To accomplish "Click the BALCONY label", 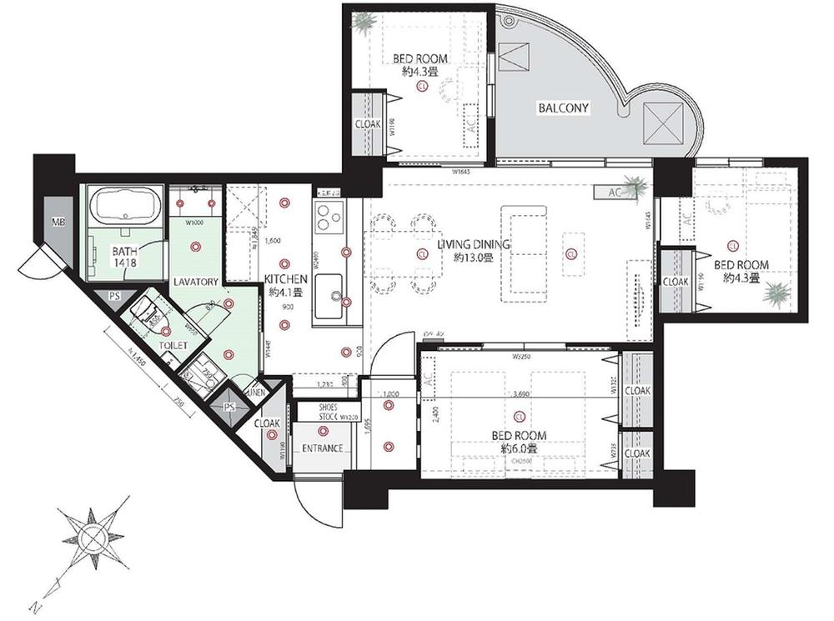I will pyautogui.click(x=563, y=108).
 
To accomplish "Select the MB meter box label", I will pyautogui.click(x=58, y=222).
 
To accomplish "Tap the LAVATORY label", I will pyautogui.click(x=196, y=282).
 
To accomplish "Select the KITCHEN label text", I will pyautogui.click(x=286, y=279).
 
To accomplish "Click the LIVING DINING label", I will pyautogui.click(x=475, y=245).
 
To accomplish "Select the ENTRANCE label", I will pyautogui.click(x=323, y=448).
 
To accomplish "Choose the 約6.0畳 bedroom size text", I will pyautogui.click(x=519, y=448).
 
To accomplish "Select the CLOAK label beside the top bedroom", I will pyautogui.click(x=367, y=124).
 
